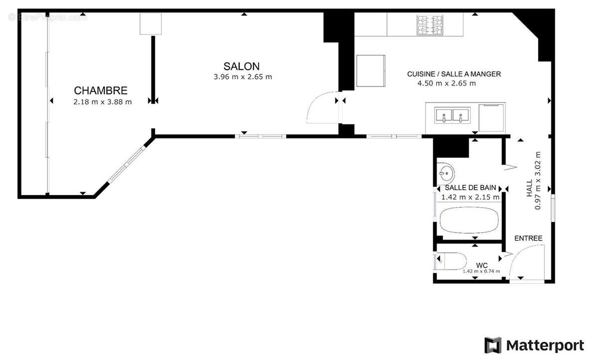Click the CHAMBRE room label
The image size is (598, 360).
coord(101,91)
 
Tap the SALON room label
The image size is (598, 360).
coord(241,66)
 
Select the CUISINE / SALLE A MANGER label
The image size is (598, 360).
coord(453,74)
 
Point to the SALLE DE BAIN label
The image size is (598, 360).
coord(470,188)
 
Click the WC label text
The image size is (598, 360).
coord(481,264)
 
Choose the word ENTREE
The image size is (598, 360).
coord(528,239)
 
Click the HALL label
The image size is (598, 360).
coord(530,189)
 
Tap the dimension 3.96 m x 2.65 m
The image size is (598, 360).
coord(243,77)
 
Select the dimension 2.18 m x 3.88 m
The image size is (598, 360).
coord(102,102)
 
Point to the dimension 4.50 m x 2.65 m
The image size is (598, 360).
coord(446,83)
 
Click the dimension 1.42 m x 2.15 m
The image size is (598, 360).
coord(470,197)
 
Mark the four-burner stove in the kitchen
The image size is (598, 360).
coord(430,25)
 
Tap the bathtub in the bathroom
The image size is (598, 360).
coord(468,220)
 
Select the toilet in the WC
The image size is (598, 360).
coord(450,260)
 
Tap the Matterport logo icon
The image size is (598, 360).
coord(493,345)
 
